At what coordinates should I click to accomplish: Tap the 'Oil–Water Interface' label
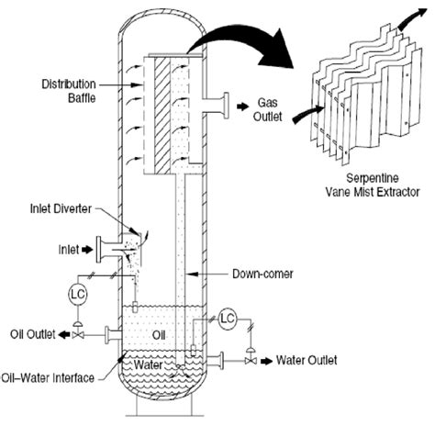click(x=56, y=376)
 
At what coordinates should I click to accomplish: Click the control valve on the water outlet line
click(x=251, y=360)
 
